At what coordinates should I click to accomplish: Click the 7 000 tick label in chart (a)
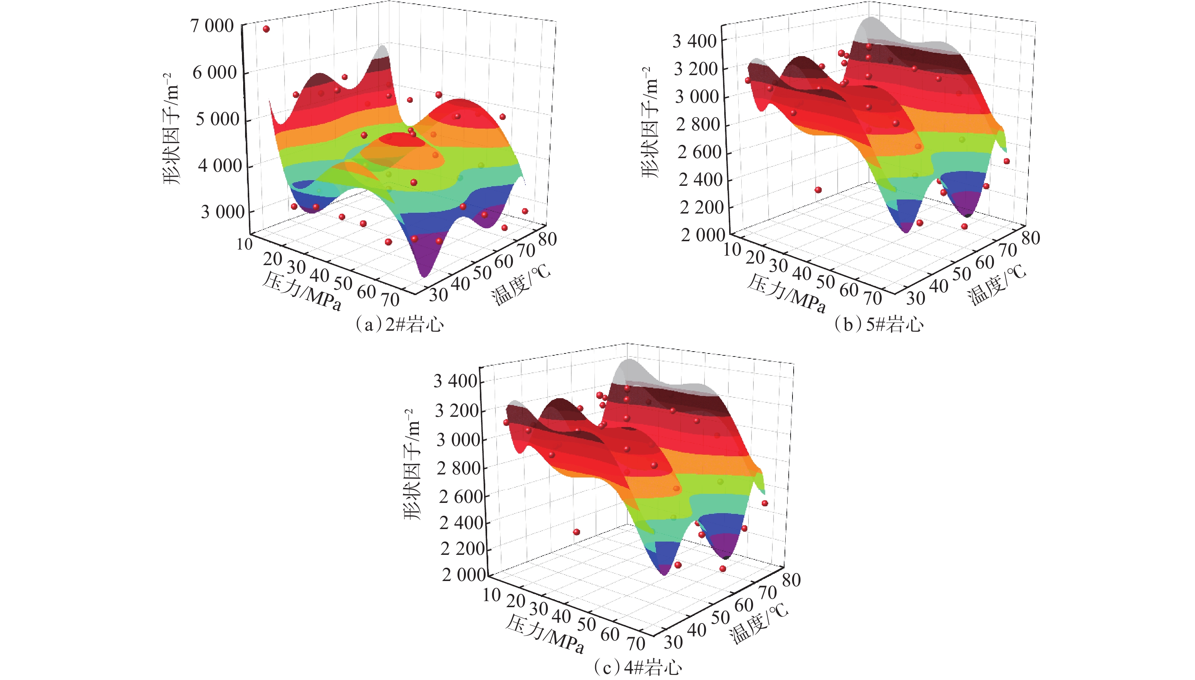(x=212, y=26)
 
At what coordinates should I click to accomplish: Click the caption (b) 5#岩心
(x=878, y=324)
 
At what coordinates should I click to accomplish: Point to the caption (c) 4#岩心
(x=638, y=667)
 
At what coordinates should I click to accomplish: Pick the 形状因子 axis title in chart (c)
(x=412, y=465)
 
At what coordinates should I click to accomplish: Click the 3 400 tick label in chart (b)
(x=694, y=42)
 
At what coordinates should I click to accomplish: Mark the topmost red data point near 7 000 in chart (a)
(x=266, y=29)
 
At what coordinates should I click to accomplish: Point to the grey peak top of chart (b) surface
(x=870, y=20)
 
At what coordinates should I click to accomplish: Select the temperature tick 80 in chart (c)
(x=791, y=580)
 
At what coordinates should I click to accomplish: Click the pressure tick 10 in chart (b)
(x=732, y=250)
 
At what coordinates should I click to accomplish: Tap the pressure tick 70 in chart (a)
(x=390, y=299)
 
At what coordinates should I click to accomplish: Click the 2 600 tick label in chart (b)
(x=699, y=152)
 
